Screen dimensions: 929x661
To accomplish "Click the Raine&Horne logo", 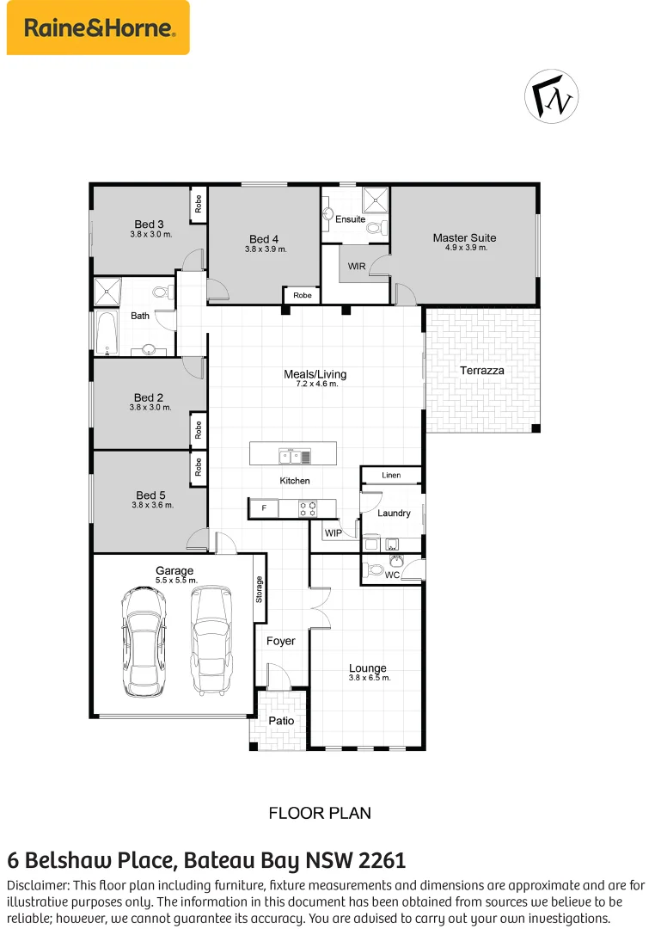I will coord(98,28).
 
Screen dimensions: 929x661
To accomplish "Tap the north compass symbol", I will coord(551,96).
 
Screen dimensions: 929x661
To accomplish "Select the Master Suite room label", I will coord(464,237).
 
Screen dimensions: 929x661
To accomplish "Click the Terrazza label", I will coord(481,370).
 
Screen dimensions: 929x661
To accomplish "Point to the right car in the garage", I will coord(211,641).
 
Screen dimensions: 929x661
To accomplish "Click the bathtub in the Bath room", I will coord(107,332).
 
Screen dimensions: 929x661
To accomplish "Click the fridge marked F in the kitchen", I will coord(263,508).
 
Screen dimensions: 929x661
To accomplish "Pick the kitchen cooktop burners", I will coord(307,508).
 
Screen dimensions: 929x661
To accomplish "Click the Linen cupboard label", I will coord(391,475).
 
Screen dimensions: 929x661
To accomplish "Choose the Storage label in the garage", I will coord(259,590).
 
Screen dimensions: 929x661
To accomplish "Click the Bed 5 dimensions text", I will coord(152,505).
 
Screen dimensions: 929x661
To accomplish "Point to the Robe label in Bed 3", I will coord(198,205).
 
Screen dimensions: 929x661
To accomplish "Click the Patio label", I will coord(281,721).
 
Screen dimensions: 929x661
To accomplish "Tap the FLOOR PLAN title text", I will coord(320,812).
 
